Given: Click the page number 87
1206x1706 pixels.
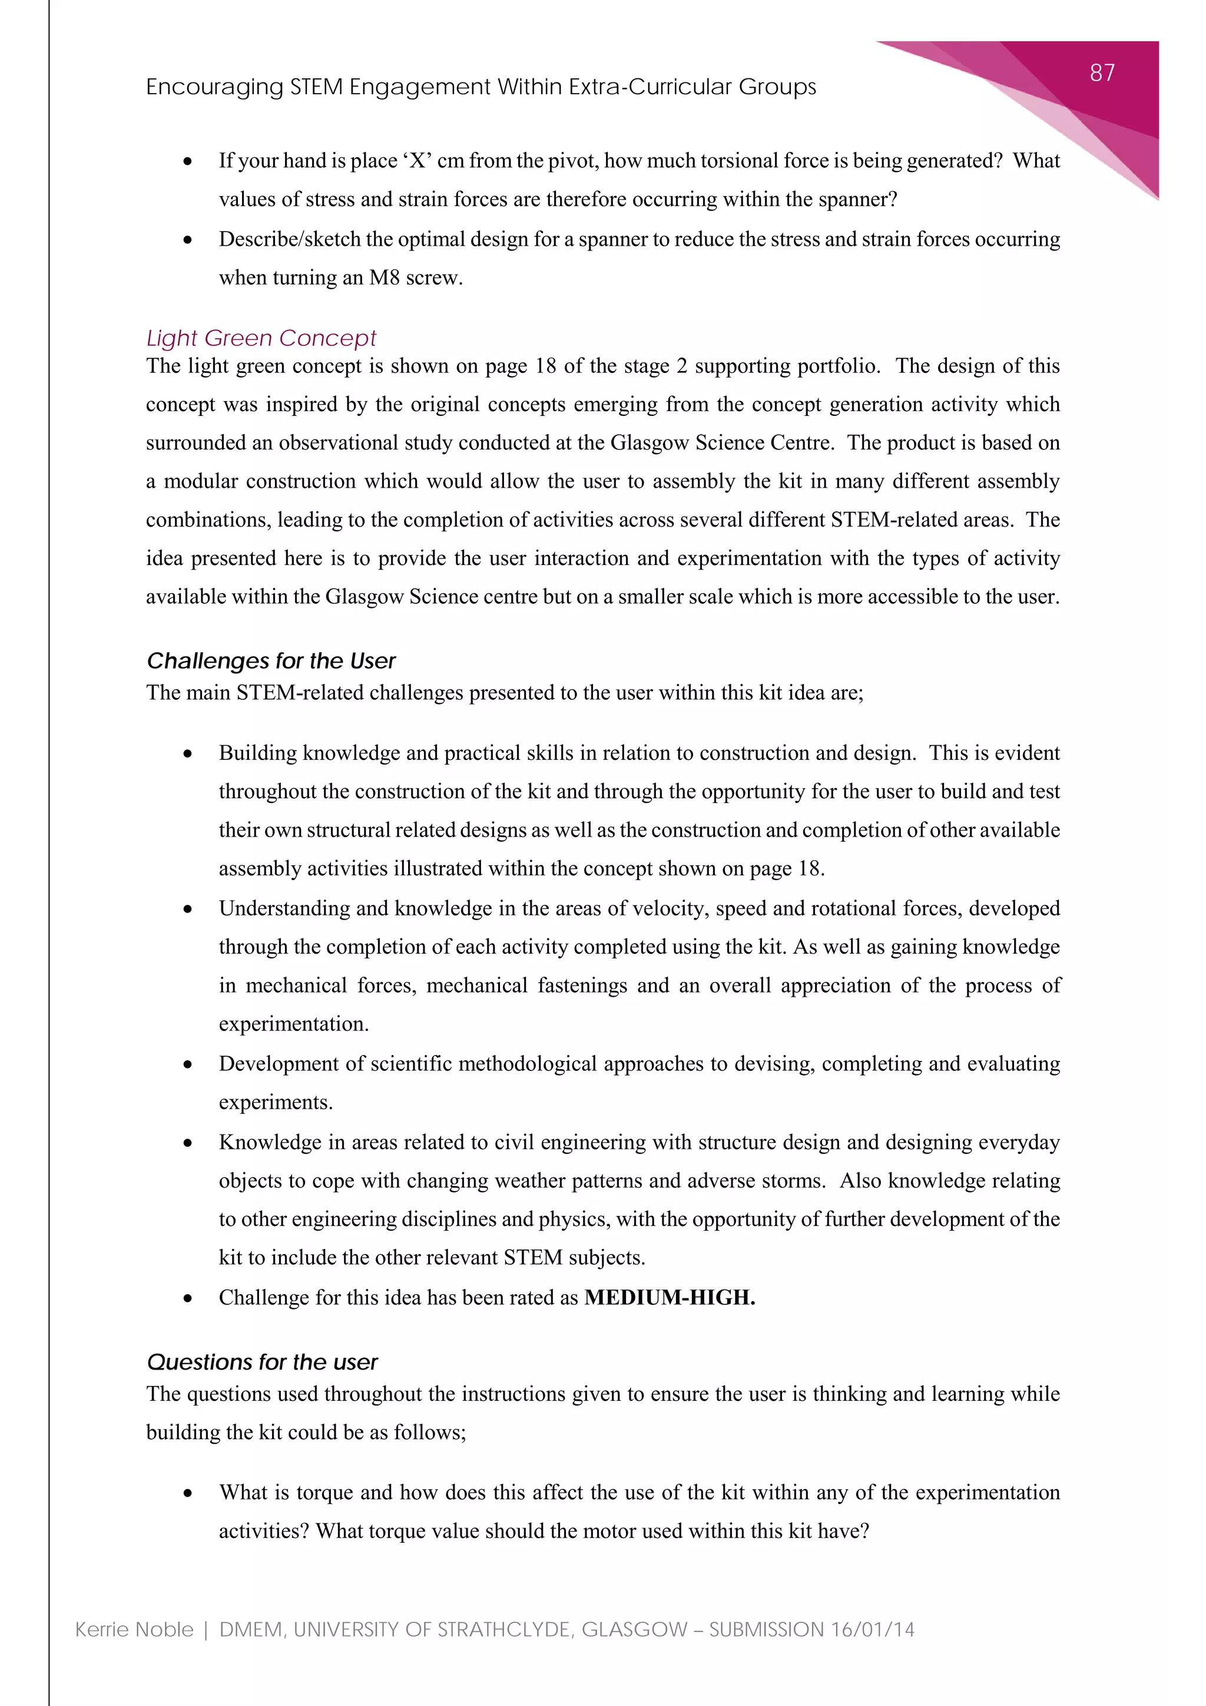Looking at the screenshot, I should [1102, 73].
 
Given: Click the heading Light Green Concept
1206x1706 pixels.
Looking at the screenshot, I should [261, 338].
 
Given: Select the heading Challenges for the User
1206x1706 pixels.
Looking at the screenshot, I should [271, 660].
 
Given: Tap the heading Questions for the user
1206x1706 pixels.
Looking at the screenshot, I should [262, 1362].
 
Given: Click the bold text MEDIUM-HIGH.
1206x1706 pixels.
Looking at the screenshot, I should [669, 1297].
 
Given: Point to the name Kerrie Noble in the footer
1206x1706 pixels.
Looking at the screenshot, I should [134, 1629].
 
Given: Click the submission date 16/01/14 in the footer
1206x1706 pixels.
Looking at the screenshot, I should [873, 1629].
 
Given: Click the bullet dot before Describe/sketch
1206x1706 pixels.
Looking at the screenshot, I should [188, 240].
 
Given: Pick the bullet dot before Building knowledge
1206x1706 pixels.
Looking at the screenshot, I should [188, 754].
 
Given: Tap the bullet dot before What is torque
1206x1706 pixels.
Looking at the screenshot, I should [188, 1493].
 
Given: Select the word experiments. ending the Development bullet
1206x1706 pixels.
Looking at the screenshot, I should [276, 1103].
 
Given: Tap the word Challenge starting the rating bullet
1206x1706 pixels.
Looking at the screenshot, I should [264, 1297].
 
